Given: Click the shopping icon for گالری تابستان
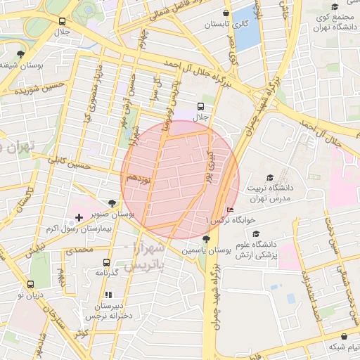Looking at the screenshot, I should [x=225, y=13].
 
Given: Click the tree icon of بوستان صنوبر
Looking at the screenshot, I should [x=112, y=202].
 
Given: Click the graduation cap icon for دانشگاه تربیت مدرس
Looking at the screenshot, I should [x=269, y=177].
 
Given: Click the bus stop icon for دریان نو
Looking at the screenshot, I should [x=30, y=284].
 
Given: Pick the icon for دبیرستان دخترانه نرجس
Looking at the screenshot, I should [x=108, y=295].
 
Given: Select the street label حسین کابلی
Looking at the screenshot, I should [x=68, y=163].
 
